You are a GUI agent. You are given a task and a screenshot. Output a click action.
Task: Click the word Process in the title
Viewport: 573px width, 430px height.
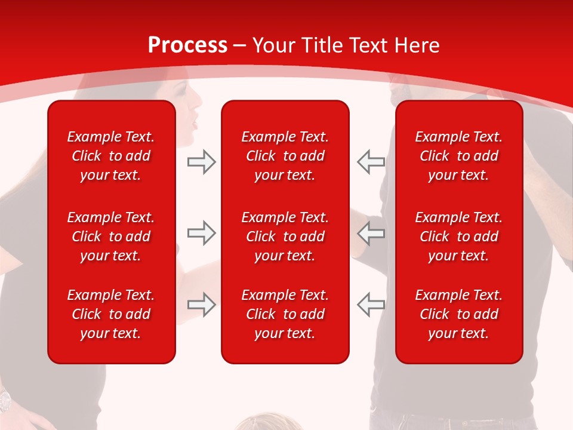tap(187, 45)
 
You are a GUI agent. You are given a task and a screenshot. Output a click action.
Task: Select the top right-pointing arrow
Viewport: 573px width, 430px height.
tap(202, 162)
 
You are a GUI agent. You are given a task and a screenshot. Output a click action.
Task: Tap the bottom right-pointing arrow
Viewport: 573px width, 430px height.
tap(202, 304)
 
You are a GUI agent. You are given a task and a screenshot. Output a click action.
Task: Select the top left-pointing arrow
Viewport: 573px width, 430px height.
tap(371, 162)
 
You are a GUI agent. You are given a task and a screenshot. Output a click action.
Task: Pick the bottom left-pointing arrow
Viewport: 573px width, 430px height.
tap(371, 304)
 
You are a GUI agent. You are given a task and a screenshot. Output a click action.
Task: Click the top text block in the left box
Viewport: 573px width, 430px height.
tap(111, 156)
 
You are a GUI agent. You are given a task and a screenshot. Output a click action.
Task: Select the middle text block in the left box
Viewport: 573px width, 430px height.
tap(111, 236)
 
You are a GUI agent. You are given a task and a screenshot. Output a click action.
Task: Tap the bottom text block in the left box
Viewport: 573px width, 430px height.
tap(111, 314)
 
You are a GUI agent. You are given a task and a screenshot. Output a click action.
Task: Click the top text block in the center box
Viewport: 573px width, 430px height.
tap(285, 156)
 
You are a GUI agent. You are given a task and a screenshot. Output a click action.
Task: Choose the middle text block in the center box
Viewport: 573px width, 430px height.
tap(285, 236)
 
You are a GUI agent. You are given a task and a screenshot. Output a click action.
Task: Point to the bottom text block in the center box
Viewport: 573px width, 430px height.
tap(285, 314)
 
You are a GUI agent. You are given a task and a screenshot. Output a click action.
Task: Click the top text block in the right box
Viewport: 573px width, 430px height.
tap(459, 156)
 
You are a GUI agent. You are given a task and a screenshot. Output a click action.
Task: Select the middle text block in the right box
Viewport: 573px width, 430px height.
tap(459, 236)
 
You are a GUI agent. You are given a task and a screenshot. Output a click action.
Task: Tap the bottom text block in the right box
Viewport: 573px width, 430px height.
tap(459, 314)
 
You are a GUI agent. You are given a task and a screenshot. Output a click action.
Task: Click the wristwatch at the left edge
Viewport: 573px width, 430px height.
tap(5, 399)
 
